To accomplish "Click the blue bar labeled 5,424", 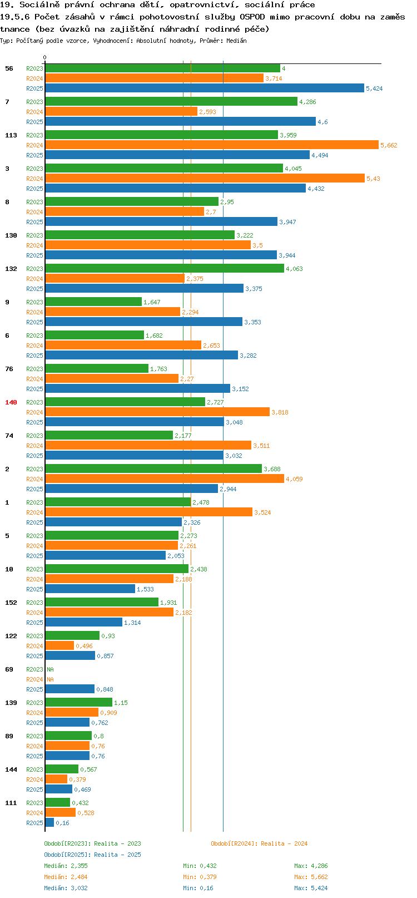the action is tap(205, 88).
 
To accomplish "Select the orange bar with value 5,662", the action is tap(212, 145).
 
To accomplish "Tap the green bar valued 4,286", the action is tap(171, 101).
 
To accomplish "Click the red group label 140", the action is tap(11, 402).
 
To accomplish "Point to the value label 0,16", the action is tap(62, 823).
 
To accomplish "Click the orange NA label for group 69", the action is tap(50, 679).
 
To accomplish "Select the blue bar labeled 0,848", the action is tap(69, 689).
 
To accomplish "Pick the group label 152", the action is tap(11, 602).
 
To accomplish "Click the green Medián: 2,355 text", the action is tap(66, 866).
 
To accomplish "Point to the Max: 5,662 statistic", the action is tap(311, 877).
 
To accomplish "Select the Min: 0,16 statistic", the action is tap(198, 888).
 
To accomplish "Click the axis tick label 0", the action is tap(44, 57).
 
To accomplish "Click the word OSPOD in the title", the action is tap(252, 17).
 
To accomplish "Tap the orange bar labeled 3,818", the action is tap(157, 412).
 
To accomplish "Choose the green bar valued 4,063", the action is tap(165, 268).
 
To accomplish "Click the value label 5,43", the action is tap(373, 179).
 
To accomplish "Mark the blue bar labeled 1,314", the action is tap(84, 622).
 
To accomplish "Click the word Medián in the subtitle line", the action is tap(236, 41).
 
